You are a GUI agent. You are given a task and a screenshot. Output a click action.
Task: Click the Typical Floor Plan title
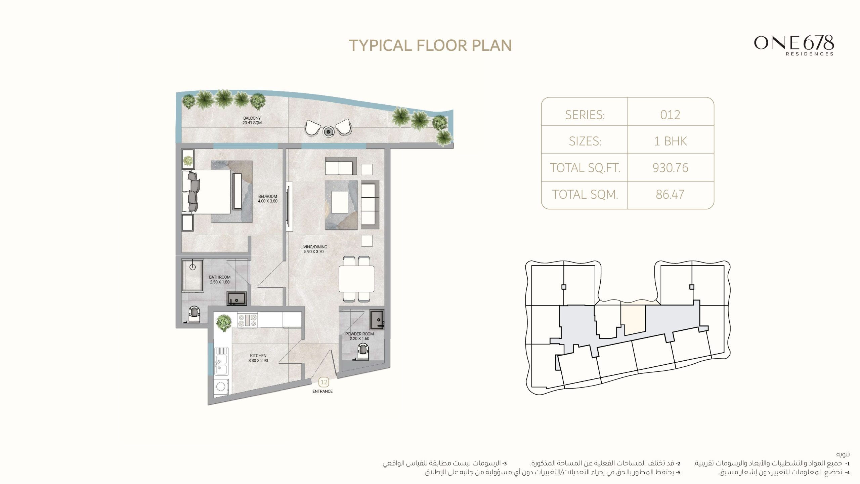(430, 45)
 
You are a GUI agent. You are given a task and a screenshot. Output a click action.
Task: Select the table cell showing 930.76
(670, 168)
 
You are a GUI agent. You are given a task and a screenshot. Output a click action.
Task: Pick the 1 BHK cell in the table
(670, 141)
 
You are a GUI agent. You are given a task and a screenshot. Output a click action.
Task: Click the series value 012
(670, 115)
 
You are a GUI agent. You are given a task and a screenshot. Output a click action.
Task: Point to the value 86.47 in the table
(670, 195)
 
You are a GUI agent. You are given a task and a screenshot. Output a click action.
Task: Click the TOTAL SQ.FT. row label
(585, 168)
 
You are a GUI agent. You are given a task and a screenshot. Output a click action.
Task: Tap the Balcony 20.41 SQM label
(252, 121)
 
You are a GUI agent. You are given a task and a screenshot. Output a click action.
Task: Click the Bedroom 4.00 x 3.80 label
(268, 199)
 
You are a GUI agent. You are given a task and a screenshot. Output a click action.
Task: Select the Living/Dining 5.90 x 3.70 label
(313, 249)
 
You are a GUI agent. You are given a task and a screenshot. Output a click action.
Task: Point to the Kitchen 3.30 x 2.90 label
(258, 358)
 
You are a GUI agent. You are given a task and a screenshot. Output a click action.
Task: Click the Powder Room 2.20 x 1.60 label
(359, 336)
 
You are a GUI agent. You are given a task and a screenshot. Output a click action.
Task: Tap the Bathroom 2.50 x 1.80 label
(220, 280)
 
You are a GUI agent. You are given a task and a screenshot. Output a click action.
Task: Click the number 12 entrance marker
(324, 382)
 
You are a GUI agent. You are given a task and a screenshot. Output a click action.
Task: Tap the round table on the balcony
(329, 131)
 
